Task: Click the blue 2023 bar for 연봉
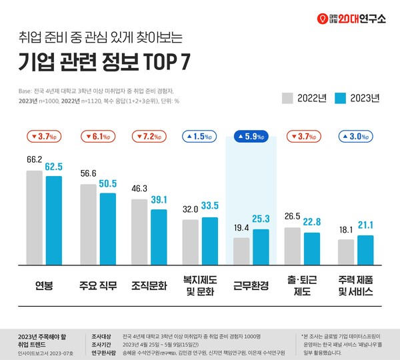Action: pos(54,221)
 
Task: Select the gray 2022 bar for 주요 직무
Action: pos(89,225)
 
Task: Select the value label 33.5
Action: pos(211,205)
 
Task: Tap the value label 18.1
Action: pos(346,230)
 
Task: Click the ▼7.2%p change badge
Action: pos(147,137)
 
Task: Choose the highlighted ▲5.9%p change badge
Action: pos(251,137)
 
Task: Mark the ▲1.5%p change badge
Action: pos(199,137)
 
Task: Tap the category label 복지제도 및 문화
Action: pos(199,287)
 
